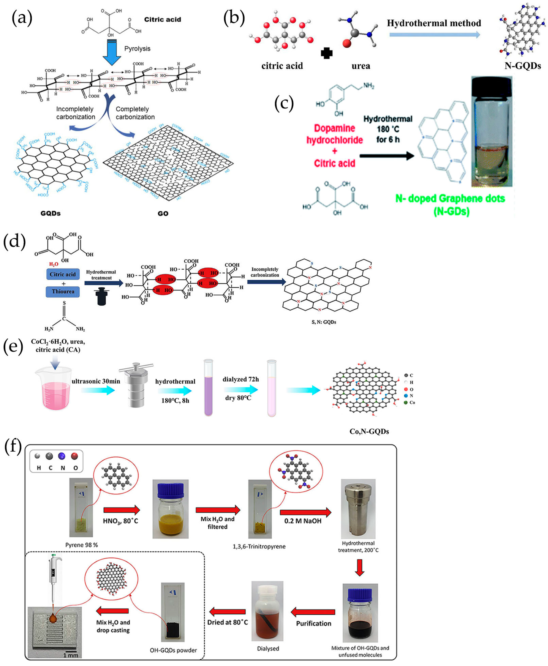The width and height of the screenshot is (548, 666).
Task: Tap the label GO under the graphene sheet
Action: (x=163, y=213)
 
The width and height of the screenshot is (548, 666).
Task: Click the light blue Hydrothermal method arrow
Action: (x=434, y=34)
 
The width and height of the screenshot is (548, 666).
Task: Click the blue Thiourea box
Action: (x=63, y=291)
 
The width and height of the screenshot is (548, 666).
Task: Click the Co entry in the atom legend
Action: (x=410, y=402)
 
